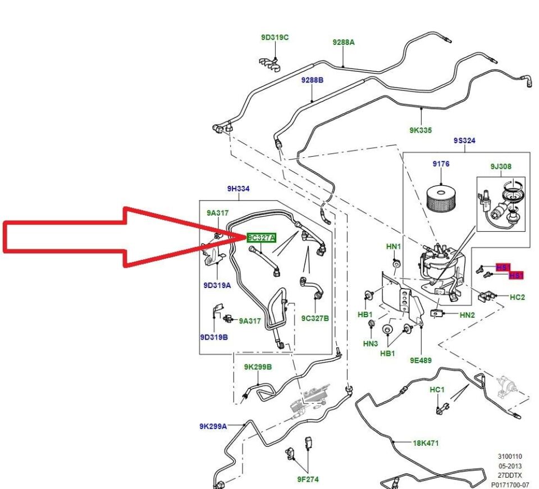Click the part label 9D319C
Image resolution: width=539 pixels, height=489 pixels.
(275, 38)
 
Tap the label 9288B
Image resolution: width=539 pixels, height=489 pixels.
(312, 80)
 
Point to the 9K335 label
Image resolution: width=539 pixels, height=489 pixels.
(421, 130)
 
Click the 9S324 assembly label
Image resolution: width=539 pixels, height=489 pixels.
(464, 140)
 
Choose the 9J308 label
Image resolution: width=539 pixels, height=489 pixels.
(501, 166)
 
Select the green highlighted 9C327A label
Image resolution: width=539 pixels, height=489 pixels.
(261, 237)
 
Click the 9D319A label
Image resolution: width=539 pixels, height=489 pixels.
(217, 285)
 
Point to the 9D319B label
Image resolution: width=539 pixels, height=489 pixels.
(214, 337)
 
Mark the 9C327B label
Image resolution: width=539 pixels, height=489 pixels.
(315, 318)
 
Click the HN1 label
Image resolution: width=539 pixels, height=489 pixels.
(394, 246)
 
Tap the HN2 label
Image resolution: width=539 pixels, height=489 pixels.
(467, 316)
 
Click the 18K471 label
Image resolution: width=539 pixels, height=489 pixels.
(426, 443)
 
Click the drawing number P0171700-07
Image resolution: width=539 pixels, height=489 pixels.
(510, 484)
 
